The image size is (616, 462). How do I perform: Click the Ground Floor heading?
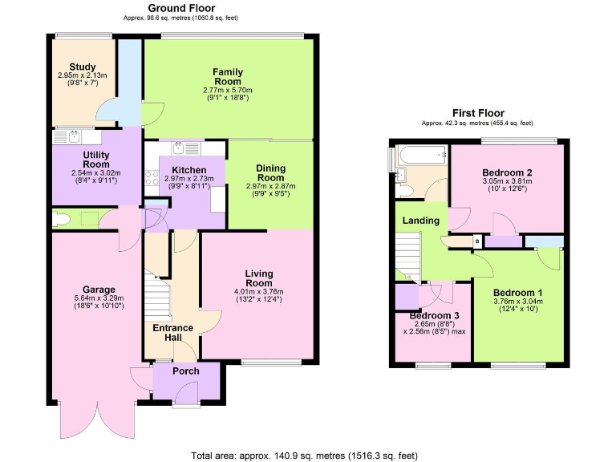pyautogui.click(x=181, y=8)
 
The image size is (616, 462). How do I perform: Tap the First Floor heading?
pyautogui.click(x=477, y=114)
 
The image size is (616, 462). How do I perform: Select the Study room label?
pyautogui.click(x=82, y=67)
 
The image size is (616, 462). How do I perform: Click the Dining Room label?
pyautogui.click(x=270, y=172)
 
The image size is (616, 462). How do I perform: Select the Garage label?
pyautogui.click(x=99, y=290)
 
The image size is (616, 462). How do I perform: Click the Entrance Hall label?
pyautogui.click(x=172, y=333)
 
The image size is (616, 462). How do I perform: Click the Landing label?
pyautogui.click(x=420, y=221)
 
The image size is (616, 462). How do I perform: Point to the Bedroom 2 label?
pyautogui.click(x=507, y=172)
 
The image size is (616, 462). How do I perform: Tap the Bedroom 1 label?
pyautogui.click(x=517, y=292)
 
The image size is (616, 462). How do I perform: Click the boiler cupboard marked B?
pyautogui.click(x=477, y=241)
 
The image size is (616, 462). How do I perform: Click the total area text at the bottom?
pyautogui.click(x=304, y=455)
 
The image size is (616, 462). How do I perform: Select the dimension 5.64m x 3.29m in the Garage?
pyautogui.click(x=99, y=298)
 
